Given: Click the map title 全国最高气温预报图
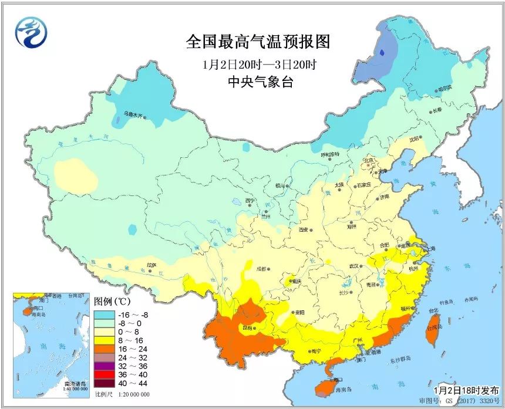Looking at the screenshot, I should click(x=258, y=42).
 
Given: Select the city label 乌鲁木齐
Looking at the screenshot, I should click(x=133, y=114).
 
